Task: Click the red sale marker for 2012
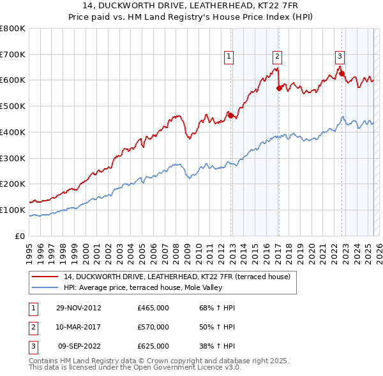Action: (x=231, y=115)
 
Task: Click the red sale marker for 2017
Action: (x=279, y=88)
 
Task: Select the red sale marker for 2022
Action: (x=342, y=73)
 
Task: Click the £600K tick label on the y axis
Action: (x=12, y=80)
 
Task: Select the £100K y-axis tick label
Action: (x=12, y=210)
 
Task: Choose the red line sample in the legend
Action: (x=45, y=277)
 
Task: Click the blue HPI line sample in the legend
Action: (x=45, y=287)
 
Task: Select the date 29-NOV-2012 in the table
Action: (x=78, y=308)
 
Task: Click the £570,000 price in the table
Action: (x=153, y=327)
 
